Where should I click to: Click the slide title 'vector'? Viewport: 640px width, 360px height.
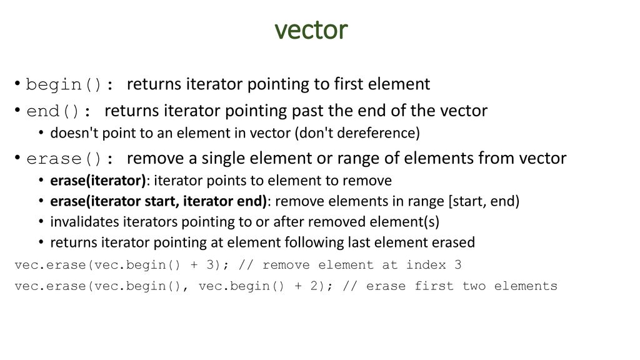(x=311, y=29)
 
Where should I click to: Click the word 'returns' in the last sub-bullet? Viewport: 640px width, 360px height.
(x=72, y=242)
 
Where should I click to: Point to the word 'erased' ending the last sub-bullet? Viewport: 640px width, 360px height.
(x=454, y=242)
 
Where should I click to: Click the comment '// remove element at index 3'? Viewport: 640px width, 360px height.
(x=350, y=265)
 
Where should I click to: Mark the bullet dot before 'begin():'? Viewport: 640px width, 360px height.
(x=18, y=84)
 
